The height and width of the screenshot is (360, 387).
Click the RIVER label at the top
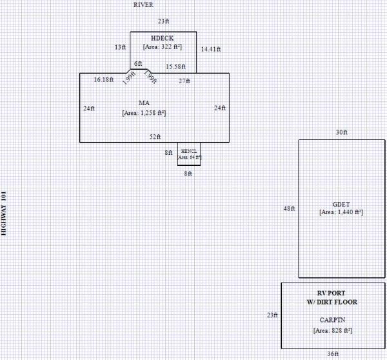pyautogui.click(x=143, y=5)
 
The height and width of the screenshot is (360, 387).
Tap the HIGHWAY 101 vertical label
pyautogui.click(x=5, y=214)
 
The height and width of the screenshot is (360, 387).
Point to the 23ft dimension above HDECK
pyautogui.click(x=163, y=22)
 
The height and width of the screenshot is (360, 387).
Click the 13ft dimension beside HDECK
pyautogui.click(x=120, y=47)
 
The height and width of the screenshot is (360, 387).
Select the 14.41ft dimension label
pyautogui.click(x=211, y=49)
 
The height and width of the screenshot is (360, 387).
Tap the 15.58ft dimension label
pyautogui.click(x=175, y=66)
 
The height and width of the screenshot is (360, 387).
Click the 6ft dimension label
pyautogui.click(x=138, y=64)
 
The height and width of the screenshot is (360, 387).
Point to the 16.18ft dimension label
pyautogui.click(x=104, y=79)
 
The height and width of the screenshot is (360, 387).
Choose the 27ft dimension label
pyautogui.click(x=184, y=81)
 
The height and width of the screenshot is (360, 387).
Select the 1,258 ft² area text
pyautogui.click(x=144, y=113)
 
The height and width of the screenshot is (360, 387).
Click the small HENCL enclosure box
pyautogui.click(x=189, y=154)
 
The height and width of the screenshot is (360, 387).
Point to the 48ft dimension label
pyautogui.click(x=289, y=208)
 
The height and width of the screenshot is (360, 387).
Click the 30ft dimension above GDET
pyautogui.click(x=341, y=132)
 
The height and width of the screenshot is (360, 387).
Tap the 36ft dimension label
pyautogui.click(x=332, y=354)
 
